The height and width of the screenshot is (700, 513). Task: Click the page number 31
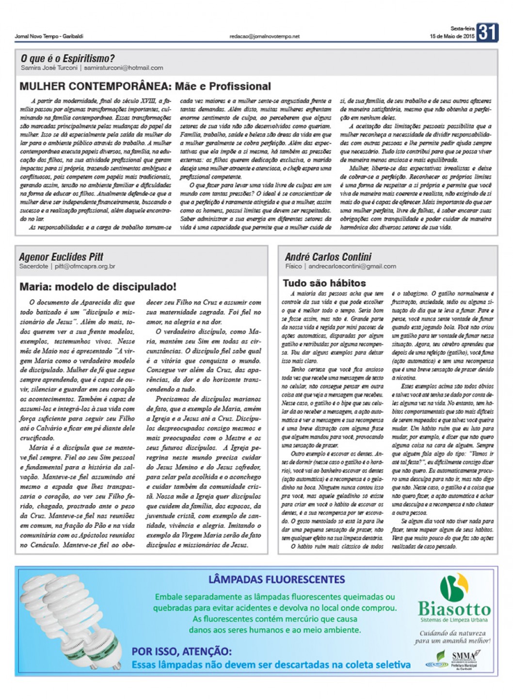(x=487, y=32)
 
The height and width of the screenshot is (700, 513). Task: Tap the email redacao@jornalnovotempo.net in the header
(x=265, y=36)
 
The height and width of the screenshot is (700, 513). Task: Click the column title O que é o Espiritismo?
(x=67, y=59)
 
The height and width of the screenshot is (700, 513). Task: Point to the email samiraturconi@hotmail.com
(x=123, y=68)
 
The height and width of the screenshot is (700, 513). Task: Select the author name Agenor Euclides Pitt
(x=61, y=257)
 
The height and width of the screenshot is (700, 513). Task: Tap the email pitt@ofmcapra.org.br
(x=85, y=266)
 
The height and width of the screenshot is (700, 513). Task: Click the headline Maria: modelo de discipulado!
(x=98, y=287)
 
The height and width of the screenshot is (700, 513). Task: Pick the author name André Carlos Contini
(x=328, y=257)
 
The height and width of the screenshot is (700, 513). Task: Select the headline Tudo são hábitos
(x=324, y=283)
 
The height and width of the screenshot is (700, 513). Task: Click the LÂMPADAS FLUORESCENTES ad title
(x=276, y=579)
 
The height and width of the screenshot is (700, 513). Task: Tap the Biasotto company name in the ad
(x=454, y=608)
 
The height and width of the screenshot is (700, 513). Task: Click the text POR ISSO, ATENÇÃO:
(x=182, y=651)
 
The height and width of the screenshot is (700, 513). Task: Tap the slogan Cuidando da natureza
(x=452, y=633)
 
